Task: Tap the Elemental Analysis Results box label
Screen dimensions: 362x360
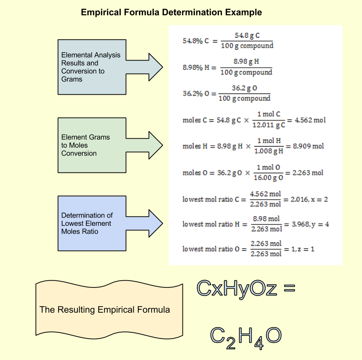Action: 90,67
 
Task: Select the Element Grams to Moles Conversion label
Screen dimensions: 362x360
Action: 86,145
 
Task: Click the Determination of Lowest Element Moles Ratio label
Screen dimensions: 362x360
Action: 87,223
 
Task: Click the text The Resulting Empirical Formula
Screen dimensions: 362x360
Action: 105,310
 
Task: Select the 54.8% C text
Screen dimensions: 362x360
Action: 195,41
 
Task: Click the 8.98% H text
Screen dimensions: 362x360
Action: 194,68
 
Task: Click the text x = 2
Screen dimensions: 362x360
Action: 320,199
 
